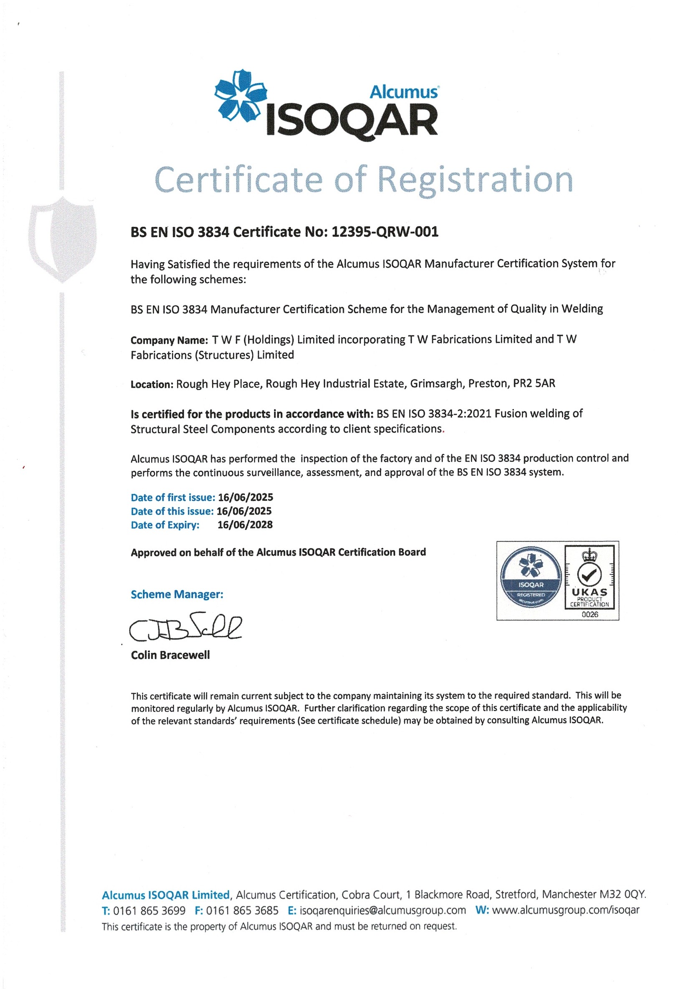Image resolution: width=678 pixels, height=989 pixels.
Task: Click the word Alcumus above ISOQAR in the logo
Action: pyautogui.click(x=404, y=92)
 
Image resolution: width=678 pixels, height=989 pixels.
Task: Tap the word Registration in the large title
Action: pyautogui.click(x=475, y=180)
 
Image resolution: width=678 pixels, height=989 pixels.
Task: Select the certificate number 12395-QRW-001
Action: pyautogui.click(x=385, y=232)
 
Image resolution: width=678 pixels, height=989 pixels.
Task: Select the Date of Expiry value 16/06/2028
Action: pyautogui.click(x=245, y=525)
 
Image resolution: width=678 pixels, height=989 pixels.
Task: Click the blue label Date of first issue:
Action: pyautogui.click(x=173, y=497)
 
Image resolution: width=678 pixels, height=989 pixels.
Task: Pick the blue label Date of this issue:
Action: pyautogui.click(x=172, y=511)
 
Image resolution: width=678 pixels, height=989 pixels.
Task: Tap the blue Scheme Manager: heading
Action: pyautogui.click(x=177, y=594)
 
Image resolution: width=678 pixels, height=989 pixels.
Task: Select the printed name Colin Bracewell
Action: pyautogui.click(x=170, y=655)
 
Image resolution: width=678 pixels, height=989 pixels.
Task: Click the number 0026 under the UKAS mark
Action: pyautogui.click(x=589, y=614)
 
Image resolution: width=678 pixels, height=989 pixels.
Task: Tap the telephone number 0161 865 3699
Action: pyautogui.click(x=149, y=911)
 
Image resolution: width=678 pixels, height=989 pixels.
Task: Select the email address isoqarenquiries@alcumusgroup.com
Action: pyautogui.click(x=382, y=911)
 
